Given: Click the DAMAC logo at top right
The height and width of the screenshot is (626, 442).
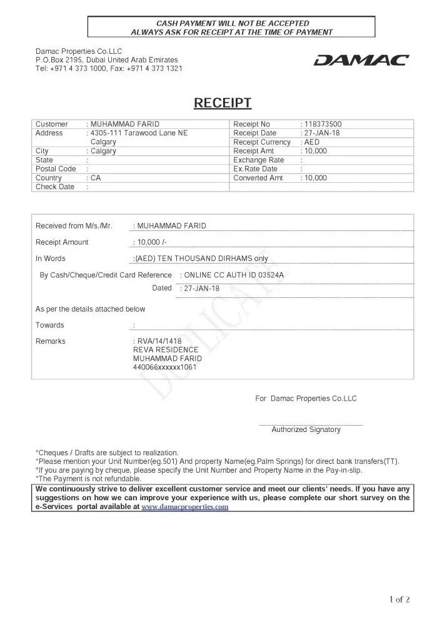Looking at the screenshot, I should tap(361, 60).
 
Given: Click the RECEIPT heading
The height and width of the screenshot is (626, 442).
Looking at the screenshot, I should tap(223, 103).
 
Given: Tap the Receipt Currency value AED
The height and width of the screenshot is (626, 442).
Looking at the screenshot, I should tap(312, 142).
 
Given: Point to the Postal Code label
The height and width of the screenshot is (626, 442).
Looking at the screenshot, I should tap(56, 169).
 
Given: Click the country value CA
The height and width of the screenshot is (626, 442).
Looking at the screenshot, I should tap(96, 178).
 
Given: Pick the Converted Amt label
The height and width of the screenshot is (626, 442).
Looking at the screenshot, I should tap(258, 178).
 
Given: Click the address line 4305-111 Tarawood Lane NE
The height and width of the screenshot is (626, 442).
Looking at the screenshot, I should tap(139, 133).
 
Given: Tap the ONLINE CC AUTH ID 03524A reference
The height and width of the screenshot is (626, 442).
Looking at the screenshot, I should tap(238, 275).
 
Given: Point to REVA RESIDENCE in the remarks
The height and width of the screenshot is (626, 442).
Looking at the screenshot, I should tap(166, 350).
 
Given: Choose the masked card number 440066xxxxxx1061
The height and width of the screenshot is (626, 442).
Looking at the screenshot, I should tap(165, 367).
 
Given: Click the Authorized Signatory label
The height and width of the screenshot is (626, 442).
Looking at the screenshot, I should tap(306, 429).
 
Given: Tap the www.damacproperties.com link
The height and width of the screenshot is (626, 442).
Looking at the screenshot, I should tap(185, 507).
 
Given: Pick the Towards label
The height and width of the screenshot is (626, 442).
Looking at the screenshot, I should tap(50, 325).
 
